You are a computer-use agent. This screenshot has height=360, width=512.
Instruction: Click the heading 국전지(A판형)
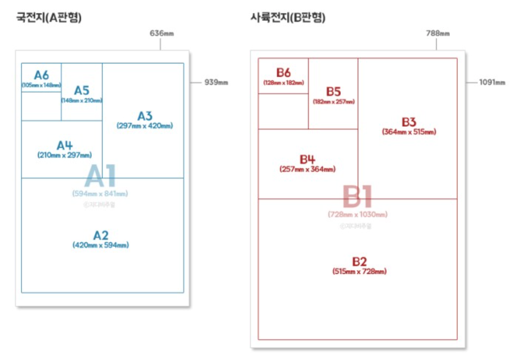tap(49, 18)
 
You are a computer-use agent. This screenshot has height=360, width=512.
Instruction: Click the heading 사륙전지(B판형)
tap(288, 18)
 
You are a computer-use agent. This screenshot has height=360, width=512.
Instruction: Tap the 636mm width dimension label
tap(162, 34)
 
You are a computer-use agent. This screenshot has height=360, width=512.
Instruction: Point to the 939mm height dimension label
tap(216, 82)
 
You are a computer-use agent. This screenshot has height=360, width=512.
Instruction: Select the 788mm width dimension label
tap(438, 34)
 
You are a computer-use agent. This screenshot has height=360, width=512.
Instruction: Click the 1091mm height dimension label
tap(492, 82)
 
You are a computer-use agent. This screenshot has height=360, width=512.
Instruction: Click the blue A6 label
tap(41, 75)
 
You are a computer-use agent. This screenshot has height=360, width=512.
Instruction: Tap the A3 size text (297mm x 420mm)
tap(145, 126)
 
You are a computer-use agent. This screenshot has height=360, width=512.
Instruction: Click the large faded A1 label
tap(100, 176)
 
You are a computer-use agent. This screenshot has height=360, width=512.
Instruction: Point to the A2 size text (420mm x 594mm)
tap(101, 245)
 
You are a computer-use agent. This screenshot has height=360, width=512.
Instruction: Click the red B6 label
tap(283, 72)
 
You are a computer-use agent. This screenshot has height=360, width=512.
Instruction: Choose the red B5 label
tap(333, 91)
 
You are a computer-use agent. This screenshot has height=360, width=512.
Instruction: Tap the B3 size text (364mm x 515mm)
tap(409, 132)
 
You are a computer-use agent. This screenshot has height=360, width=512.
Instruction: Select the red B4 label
tap(307, 159)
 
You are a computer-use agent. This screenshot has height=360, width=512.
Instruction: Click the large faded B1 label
tap(357, 197)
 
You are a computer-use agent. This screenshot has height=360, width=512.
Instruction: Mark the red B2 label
tap(359, 261)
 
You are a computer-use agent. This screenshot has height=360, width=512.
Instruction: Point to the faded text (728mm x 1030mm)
tap(358, 214)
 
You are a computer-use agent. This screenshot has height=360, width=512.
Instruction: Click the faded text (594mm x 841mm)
tap(100, 194)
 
